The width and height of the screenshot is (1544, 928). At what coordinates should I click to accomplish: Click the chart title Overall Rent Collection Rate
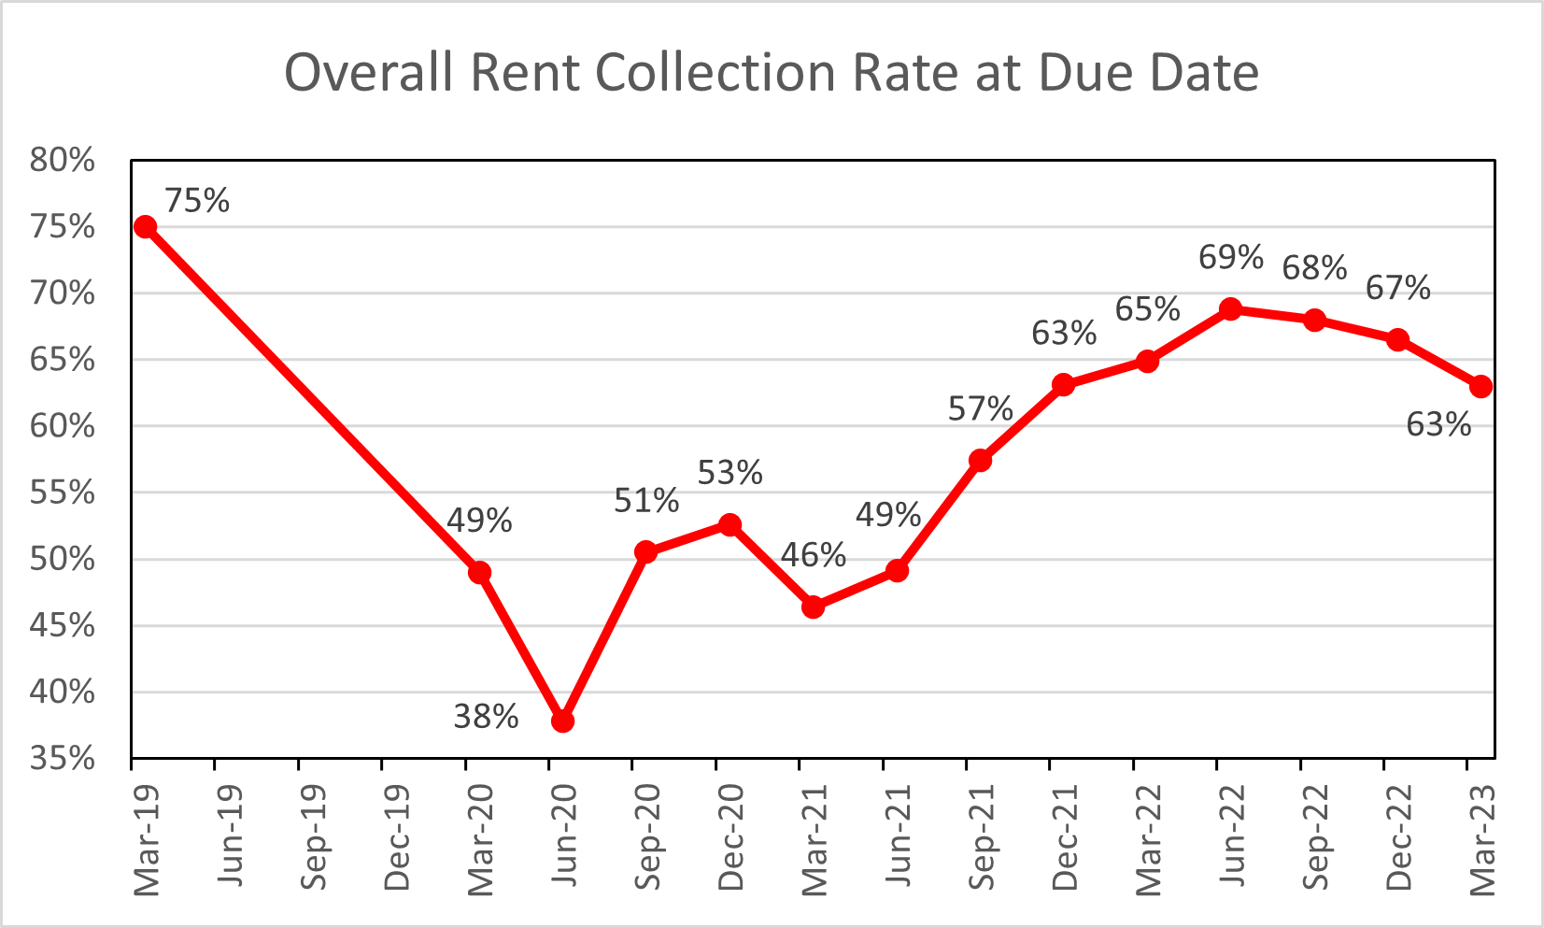[x=771, y=73]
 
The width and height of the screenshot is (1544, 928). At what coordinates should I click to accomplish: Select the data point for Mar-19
[x=145, y=227]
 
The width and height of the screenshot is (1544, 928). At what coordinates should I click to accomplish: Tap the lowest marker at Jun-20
[x=562, y=721]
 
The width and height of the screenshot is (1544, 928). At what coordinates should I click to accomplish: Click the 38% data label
[x=486, y=717]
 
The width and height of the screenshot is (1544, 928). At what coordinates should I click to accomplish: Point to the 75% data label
[x=197, y=201]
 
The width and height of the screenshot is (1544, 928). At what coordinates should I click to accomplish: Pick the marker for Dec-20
[x=730, y=525]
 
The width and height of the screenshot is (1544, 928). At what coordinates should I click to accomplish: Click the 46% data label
[x=814, y=556]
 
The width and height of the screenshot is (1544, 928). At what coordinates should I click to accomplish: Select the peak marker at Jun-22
[x=1230, y=309]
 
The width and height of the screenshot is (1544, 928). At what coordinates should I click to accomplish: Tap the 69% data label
[x=1231, y=257]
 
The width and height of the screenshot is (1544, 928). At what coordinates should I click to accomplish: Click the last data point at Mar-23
[x=1480, y=387]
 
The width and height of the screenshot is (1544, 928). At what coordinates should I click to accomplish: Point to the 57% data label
[x=980, y=409]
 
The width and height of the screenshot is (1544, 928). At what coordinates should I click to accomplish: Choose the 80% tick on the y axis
[x=63, y=161]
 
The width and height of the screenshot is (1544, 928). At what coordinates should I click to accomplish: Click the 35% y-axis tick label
[x=63, y=758]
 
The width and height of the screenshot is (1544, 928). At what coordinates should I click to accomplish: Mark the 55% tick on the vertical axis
[x=63, y=493]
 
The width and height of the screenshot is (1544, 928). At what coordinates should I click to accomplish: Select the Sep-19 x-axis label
[x=315, y=837]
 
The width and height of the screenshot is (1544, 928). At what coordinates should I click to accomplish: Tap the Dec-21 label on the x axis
[x=1065, y=837]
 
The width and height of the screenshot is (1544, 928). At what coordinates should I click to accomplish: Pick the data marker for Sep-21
[x=980, y=461]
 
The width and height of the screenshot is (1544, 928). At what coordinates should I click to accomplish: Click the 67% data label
[x=1397, y=289]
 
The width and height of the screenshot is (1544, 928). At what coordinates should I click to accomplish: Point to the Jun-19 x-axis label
[x=231, y=837]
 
